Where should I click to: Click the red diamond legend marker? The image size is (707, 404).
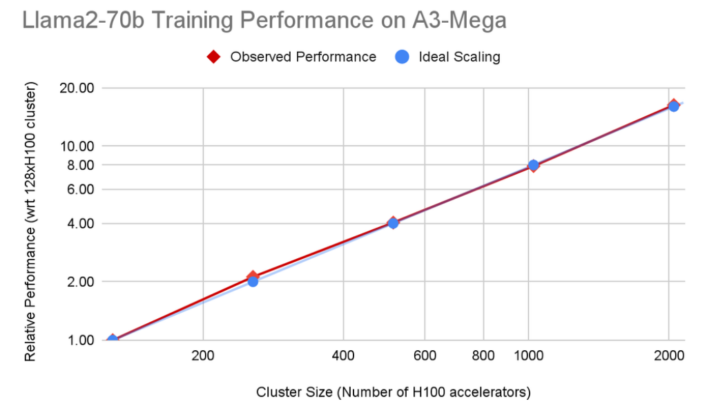tap(215, 57)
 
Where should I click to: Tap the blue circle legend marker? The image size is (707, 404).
tap(403, 57)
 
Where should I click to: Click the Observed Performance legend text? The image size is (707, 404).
tap(303, 57)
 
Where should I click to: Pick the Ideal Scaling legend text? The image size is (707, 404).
tap(459, 57)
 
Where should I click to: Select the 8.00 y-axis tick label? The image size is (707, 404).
tap(80, 165)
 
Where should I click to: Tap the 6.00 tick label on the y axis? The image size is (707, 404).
tap(80, 189)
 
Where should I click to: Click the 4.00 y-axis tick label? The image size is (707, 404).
tap(80, 224)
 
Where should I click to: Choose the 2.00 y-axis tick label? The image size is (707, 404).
tap(80, 282)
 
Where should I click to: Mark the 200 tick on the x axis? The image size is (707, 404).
tap(202, 356)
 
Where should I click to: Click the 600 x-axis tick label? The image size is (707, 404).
tap(424, 356)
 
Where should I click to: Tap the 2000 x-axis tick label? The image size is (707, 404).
tap(668, 356)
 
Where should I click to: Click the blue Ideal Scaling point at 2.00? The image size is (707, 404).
tap(253, 281)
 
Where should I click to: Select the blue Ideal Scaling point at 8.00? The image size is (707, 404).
tap(533, 165)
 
